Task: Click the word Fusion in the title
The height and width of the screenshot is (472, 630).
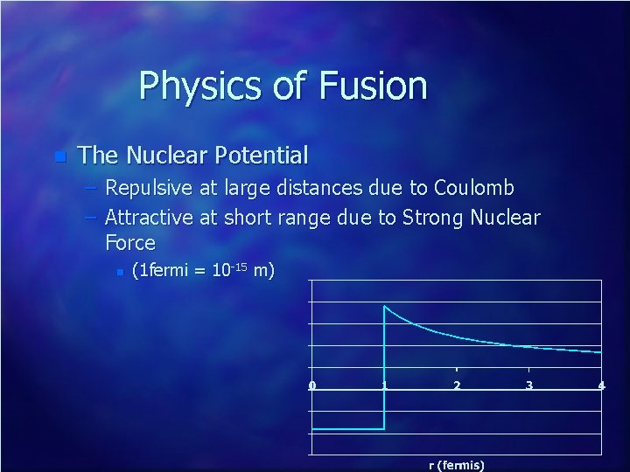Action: [x=374, y=86]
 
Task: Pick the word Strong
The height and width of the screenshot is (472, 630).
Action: [x=434, y=217]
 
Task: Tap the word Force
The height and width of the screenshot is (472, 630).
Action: [x=129, y=243]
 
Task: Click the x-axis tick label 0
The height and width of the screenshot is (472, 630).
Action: [x=312, y=386]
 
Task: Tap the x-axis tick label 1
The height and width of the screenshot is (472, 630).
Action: [x=384, y=386]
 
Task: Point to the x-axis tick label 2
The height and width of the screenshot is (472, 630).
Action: [x=457, y=386]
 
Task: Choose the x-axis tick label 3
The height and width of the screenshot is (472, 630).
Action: [x=528, y=386]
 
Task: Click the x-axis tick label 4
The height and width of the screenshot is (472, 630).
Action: [x=601, y=386]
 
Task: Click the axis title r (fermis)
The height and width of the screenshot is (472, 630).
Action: [x=457, y=465]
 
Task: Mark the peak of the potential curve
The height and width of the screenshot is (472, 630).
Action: [x=385, y=306]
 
